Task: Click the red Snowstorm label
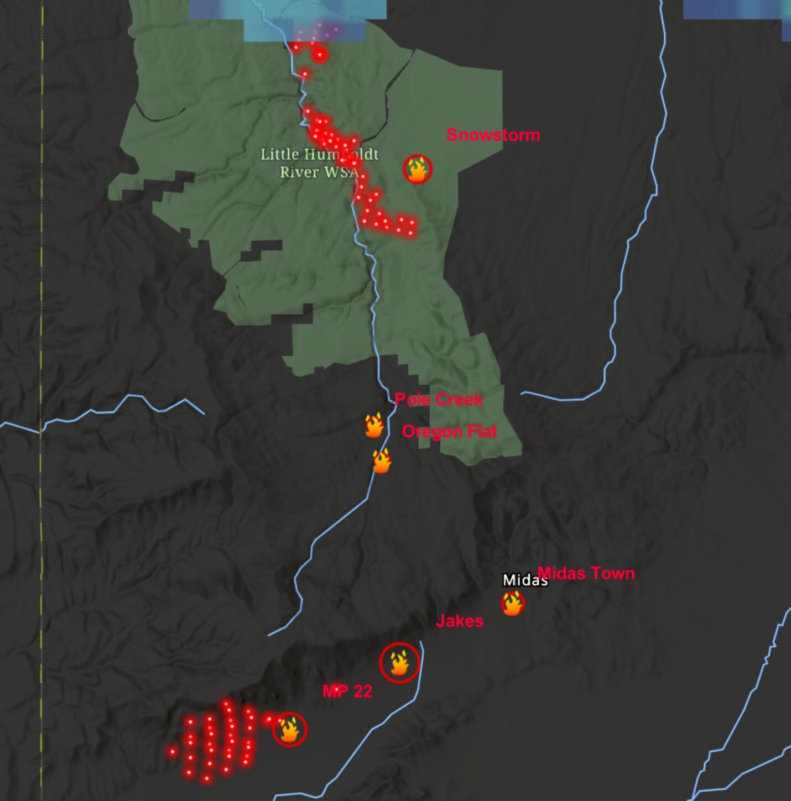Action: pos(493,135)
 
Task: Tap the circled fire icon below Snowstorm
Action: pos(418,169)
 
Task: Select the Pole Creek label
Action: pos(439,399)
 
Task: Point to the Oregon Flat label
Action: pos(449,431)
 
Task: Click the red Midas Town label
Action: pos(586,573)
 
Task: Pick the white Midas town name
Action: pos(524,580)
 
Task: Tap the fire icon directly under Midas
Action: pos(512,603)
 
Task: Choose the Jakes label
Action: pos(459,621)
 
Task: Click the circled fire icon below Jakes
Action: pos(399,663)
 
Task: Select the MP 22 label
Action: pos(347,691)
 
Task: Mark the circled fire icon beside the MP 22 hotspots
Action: pos(289,730)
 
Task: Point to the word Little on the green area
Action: pos(280,154)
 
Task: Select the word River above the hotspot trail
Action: pos(299,172)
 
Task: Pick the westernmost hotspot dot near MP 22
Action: pos(173,751)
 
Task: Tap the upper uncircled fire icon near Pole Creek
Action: pos(374,426)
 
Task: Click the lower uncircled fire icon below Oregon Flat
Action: pos(382,461)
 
